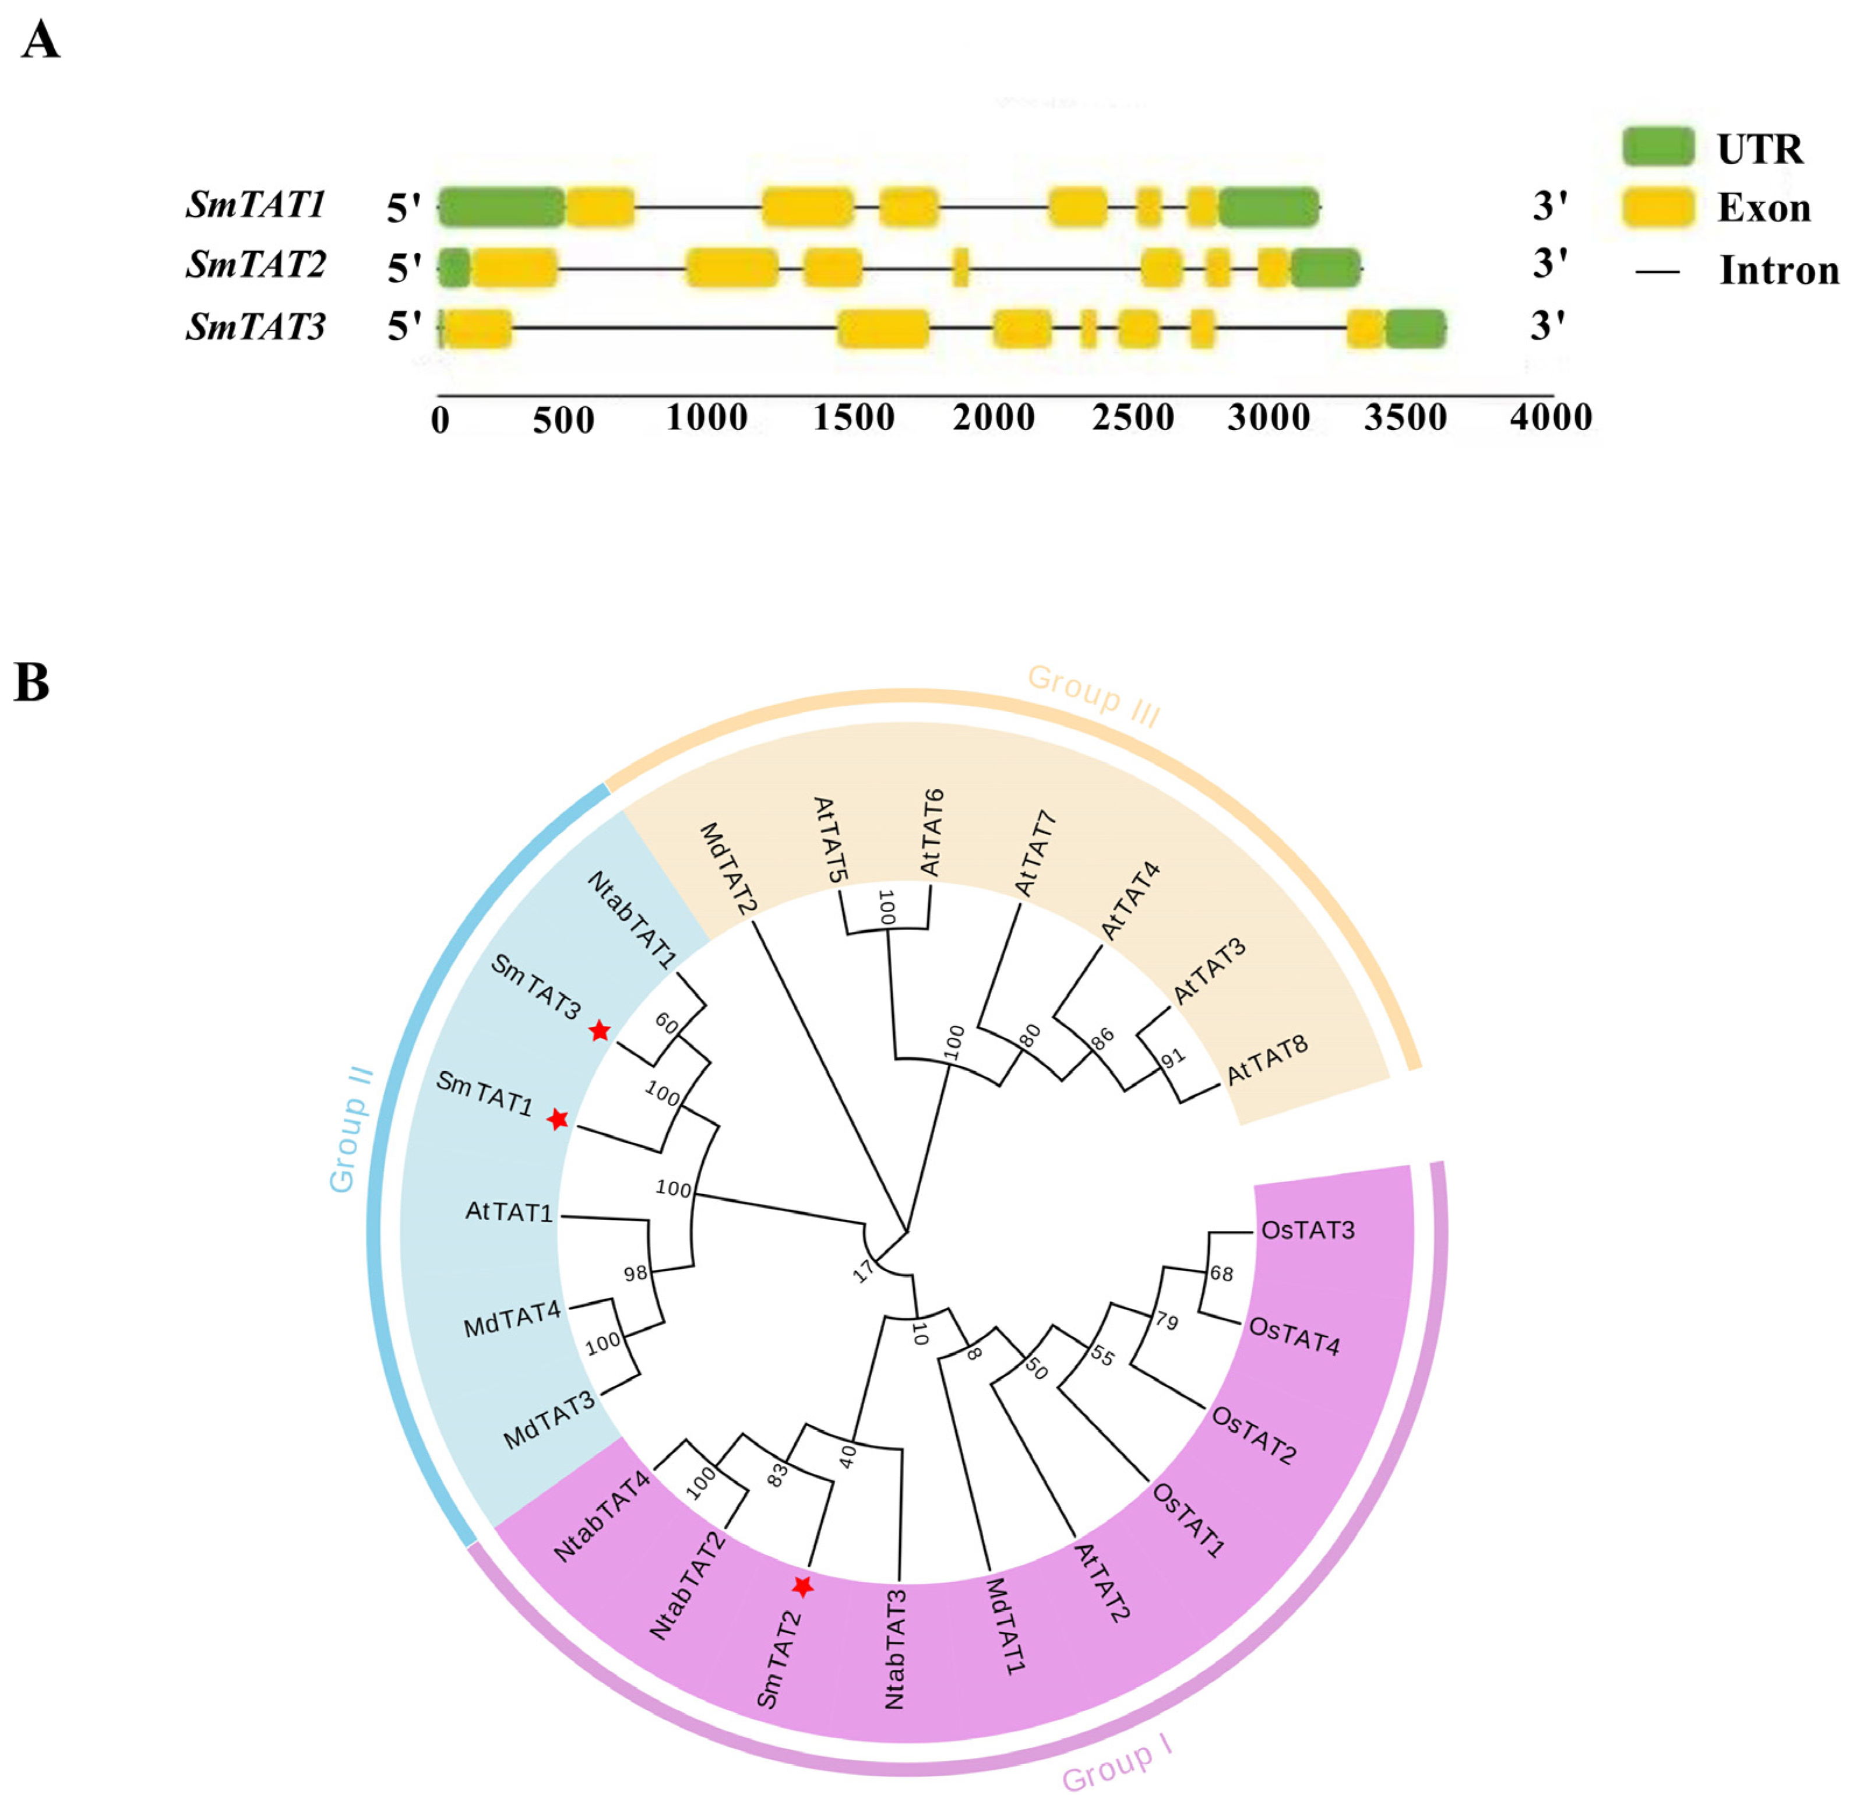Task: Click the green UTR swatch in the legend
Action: point(1657,147)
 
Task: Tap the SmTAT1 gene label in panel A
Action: point(256,205)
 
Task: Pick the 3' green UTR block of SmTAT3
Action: point(1415,328)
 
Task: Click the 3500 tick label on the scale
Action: point(1405,417)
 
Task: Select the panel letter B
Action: point(31,682)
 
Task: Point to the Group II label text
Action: point(351,1129)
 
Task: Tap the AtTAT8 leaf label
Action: point(1267,1060)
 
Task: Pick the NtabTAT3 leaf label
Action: point(895,1649)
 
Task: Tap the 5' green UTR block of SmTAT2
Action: point(454,268)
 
